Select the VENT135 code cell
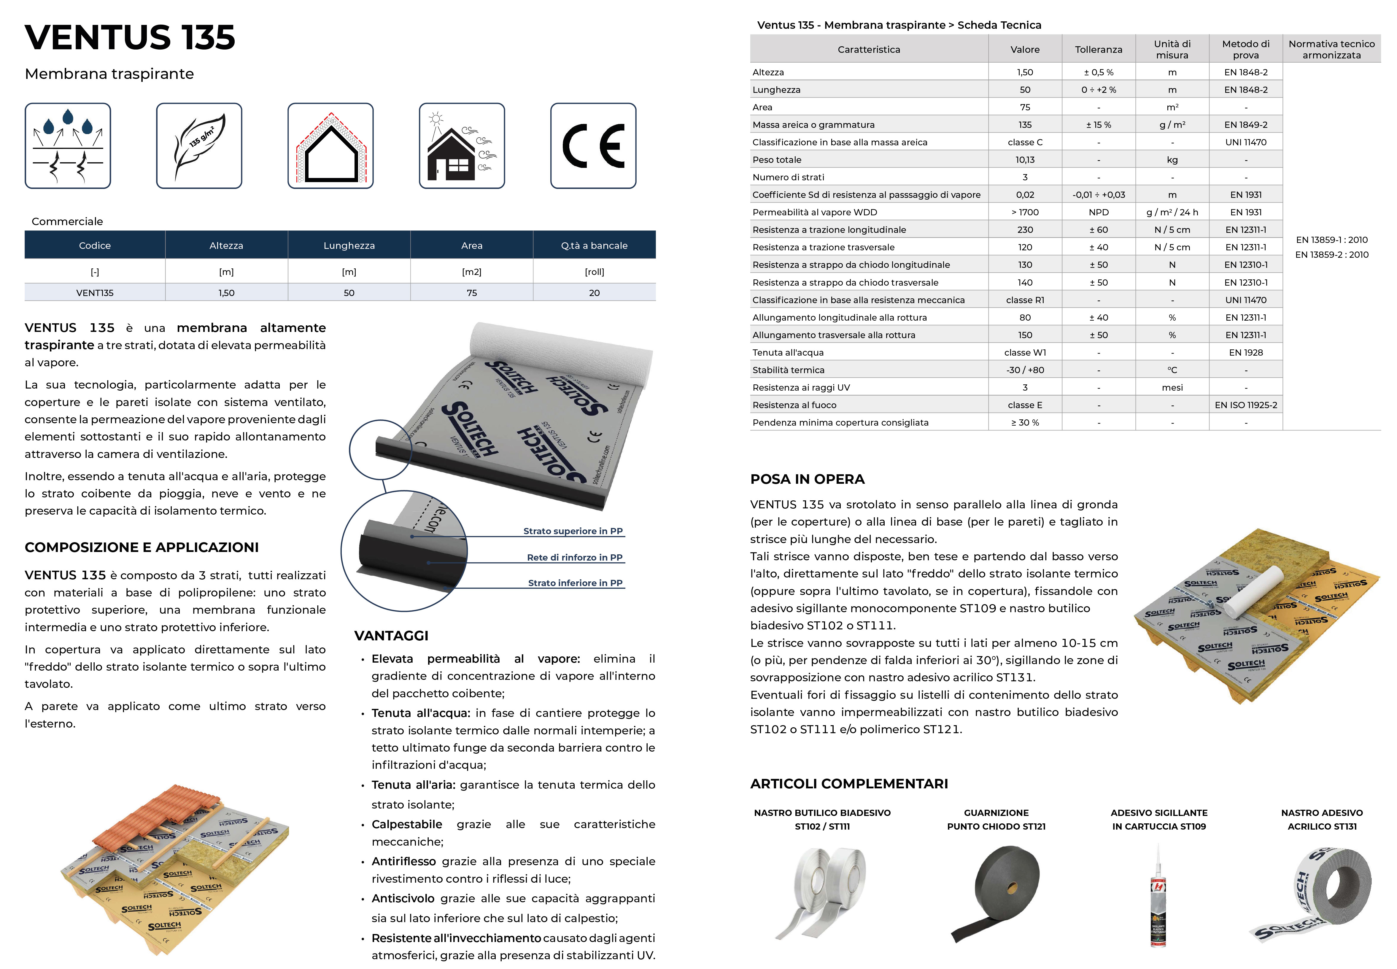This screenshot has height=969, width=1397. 95,293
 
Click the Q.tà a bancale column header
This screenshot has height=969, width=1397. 594,245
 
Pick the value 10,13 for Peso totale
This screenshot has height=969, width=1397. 1025,160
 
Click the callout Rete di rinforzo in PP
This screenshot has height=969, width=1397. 574,557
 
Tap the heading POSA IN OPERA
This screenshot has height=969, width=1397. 807,479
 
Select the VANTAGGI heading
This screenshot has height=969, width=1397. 391,636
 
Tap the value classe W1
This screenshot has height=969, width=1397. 1025,352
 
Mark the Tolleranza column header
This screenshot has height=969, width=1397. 1098,49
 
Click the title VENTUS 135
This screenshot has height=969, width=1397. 130,38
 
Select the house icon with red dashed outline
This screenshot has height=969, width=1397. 330,146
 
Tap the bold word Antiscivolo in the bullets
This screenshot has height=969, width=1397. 403,899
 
